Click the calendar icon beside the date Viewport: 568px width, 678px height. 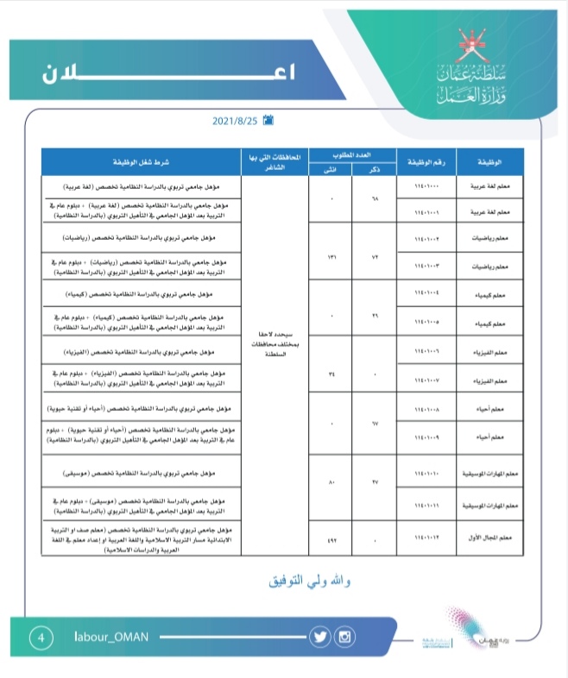268,120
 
